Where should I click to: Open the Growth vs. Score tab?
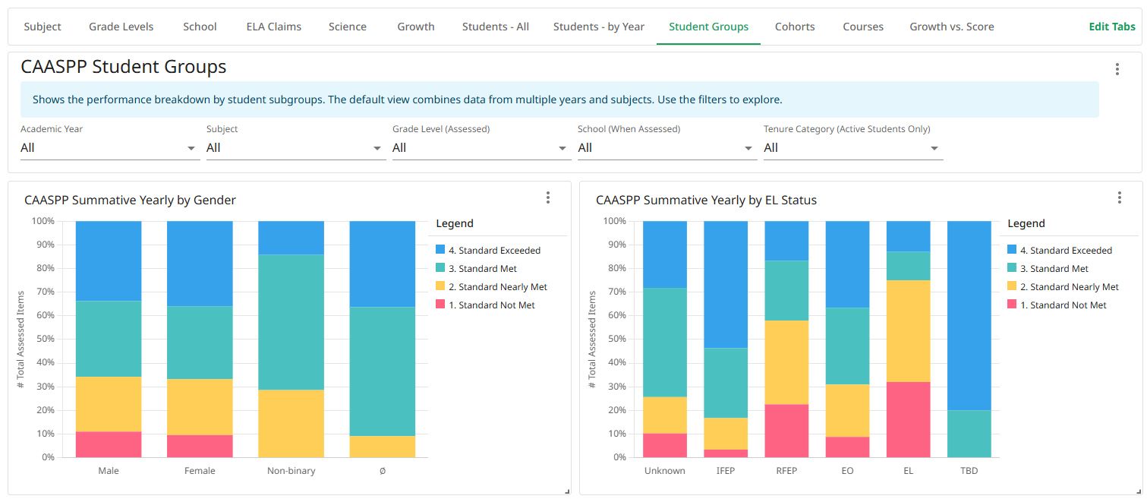tap(951, 27)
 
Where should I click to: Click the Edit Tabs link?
tap(1112, 27)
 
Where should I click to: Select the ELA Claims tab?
tap(273, 27)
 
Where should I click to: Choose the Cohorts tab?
tap(795, 27)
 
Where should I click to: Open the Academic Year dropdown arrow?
tap(191, 148)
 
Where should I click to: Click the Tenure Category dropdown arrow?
tap(934, 148)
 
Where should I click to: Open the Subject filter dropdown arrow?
tap(377, 148)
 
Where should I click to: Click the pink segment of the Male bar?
tap(109, 444)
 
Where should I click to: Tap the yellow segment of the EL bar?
tap(908, 331)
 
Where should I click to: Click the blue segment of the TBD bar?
tap(969, 315)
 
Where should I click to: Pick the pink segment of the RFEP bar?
tap(786, 431)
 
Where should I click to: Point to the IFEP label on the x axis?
tap(726, 471)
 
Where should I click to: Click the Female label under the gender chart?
tap(200, 471)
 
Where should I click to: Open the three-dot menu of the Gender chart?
tap(548, 198)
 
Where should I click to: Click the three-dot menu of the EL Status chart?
tap(1119, 198)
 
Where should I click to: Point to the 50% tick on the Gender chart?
tap(43, 340)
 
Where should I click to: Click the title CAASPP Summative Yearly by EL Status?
tap(706, 201)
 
